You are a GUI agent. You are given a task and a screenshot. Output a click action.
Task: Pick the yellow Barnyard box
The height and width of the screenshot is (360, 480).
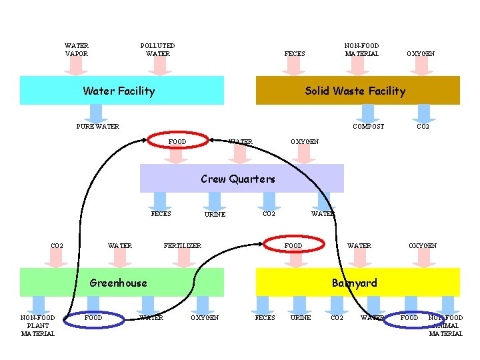(358, 283)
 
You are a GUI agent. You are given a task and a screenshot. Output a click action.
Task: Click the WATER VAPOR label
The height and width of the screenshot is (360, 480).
(77, 50)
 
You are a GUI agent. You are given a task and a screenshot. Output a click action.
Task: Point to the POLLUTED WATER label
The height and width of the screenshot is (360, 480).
(158, 50)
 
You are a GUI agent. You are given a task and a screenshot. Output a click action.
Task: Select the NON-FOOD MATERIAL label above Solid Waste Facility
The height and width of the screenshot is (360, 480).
(362, 50)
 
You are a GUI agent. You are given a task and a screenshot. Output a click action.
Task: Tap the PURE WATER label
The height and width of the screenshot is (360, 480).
(98, 127)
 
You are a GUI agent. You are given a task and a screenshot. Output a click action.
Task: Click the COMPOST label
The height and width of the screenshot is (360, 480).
(368, 127)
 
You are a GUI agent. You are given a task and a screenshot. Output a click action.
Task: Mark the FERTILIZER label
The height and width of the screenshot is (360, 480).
(183, 246)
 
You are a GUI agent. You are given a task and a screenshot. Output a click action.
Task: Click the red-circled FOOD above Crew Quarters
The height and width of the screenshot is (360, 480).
(177, 141)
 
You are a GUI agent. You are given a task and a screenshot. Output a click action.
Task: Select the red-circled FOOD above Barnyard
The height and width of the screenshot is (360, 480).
(293, 246)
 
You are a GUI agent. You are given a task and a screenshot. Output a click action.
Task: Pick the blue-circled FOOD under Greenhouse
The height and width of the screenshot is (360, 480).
(93, 318)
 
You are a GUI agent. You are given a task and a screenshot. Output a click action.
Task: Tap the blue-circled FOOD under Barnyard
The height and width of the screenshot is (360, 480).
(409, 318)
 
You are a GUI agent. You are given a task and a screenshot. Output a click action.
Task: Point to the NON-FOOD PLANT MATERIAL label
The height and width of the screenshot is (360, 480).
(38, 325)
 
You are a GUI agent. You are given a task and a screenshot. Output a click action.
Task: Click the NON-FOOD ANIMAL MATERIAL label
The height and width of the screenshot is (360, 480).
(445, 325)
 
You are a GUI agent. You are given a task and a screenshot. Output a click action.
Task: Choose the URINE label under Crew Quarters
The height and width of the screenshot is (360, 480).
(215, 215)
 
